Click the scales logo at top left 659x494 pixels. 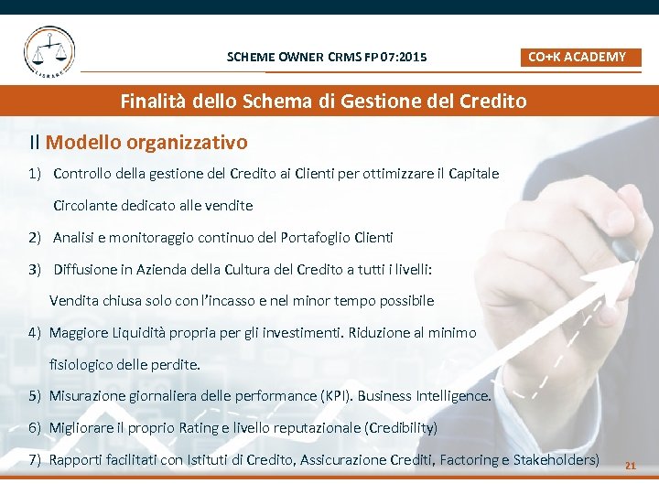tap(49, 50)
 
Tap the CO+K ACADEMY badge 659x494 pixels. tap(578, 57)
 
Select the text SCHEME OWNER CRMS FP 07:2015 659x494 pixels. tap(327, 58)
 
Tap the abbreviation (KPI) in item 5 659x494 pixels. tap(335, 396)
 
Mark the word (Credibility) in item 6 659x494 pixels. tap(401, 428)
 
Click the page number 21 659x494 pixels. tap(630, 466)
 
